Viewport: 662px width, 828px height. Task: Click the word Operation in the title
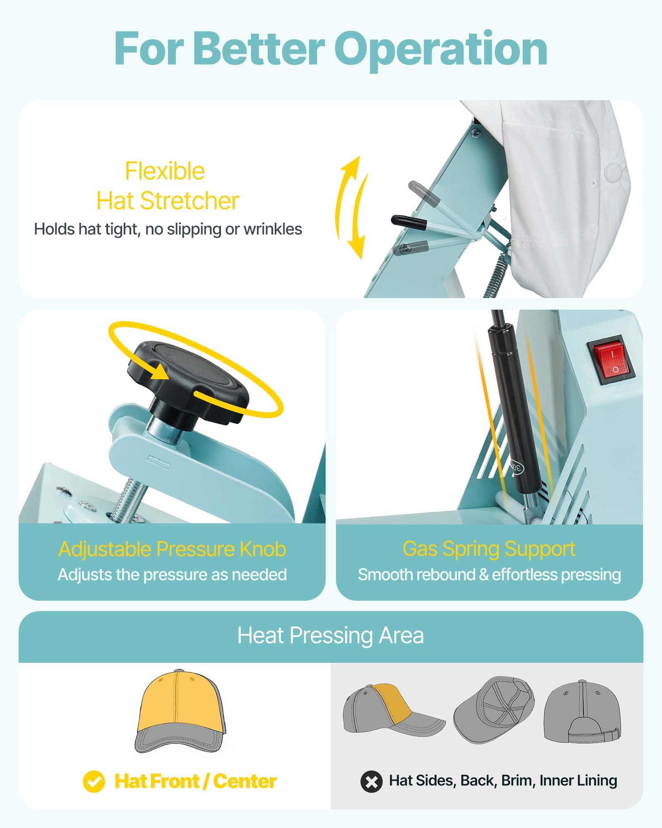(441, 50)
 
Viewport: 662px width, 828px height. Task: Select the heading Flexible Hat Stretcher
(167, 186)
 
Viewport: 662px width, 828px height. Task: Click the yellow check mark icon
(94, 782)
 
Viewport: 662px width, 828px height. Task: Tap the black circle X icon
(371, 782)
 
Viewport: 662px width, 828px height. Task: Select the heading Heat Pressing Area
(331, 635)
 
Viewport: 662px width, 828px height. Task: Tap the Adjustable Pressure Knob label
(172, 549)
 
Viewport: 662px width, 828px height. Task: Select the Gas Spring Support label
(489, 549)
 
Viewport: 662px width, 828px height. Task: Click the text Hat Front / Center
(195, 782)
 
